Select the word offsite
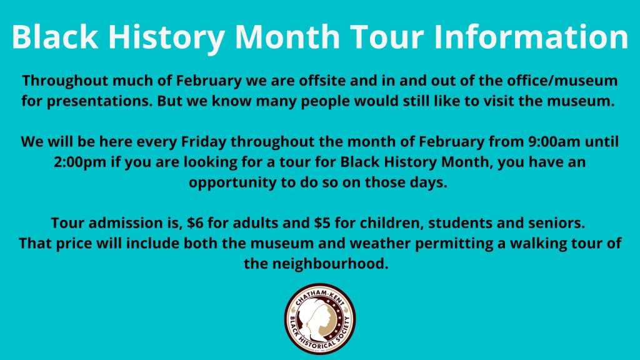322,81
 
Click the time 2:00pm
81,162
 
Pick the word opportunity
232,183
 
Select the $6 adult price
195,223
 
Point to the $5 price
322,223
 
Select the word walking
538,244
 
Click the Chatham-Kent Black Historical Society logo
320,319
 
